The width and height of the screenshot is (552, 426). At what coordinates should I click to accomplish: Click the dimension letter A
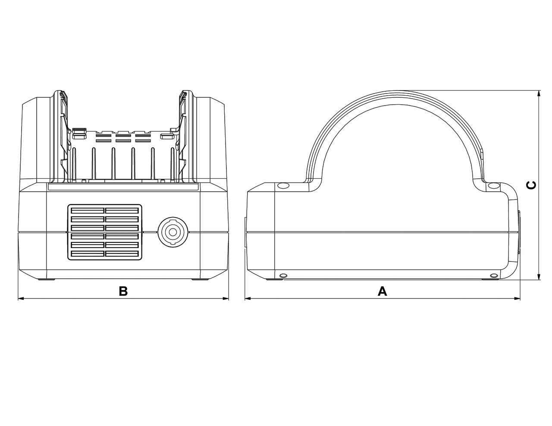click(x=382, y=292)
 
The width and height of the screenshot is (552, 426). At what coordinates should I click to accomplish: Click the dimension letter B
click(x=123, y=292)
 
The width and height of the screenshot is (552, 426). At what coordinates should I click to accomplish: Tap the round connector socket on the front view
click(x=172, y=232)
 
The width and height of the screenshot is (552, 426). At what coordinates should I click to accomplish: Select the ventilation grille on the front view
click(x=105, y=232)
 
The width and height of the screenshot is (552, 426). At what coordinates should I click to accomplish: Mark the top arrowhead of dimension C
click(x=539, y=93)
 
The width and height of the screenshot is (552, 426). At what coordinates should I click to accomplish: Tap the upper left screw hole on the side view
click(x=283, y=186)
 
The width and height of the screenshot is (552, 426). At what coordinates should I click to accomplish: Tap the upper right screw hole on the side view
click(x=492, y=186)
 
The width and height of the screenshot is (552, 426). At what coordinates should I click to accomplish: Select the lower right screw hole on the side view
click(x=494, y=275)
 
